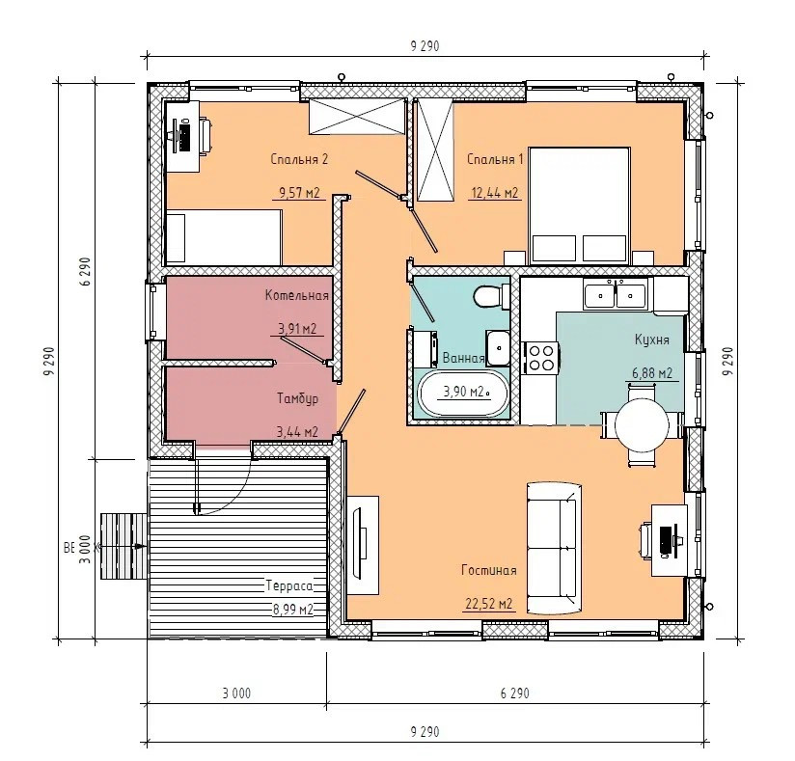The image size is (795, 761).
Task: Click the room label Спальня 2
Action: tap(299, 159)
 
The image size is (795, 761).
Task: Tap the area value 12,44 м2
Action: tap(495, 193)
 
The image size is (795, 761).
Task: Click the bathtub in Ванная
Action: tap(462, 394)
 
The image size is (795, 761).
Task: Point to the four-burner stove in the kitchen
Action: tap(541, 358)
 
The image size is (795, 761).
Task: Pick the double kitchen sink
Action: tap(615, 294)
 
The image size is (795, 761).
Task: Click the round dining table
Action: tap(642, 423)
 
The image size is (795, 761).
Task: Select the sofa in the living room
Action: tap(553, 548)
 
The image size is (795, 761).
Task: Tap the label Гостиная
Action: tap(489, 570)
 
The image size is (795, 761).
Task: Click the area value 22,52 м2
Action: tap(489, 604)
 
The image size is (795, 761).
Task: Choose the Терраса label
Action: tap(289, 586)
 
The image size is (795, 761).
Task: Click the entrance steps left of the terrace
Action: tap(124, 546)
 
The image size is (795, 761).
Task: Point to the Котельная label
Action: tap(297, 295)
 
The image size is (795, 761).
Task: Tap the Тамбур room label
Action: tap(297, 398)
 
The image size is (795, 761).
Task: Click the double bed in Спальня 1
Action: tap(579, 205)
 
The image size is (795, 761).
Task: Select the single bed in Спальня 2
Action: tap(224, 237)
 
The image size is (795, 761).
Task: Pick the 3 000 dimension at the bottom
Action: tap(236, 693)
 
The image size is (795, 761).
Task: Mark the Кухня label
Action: tap(652, 340)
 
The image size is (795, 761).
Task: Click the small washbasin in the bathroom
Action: tap(498, 347)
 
